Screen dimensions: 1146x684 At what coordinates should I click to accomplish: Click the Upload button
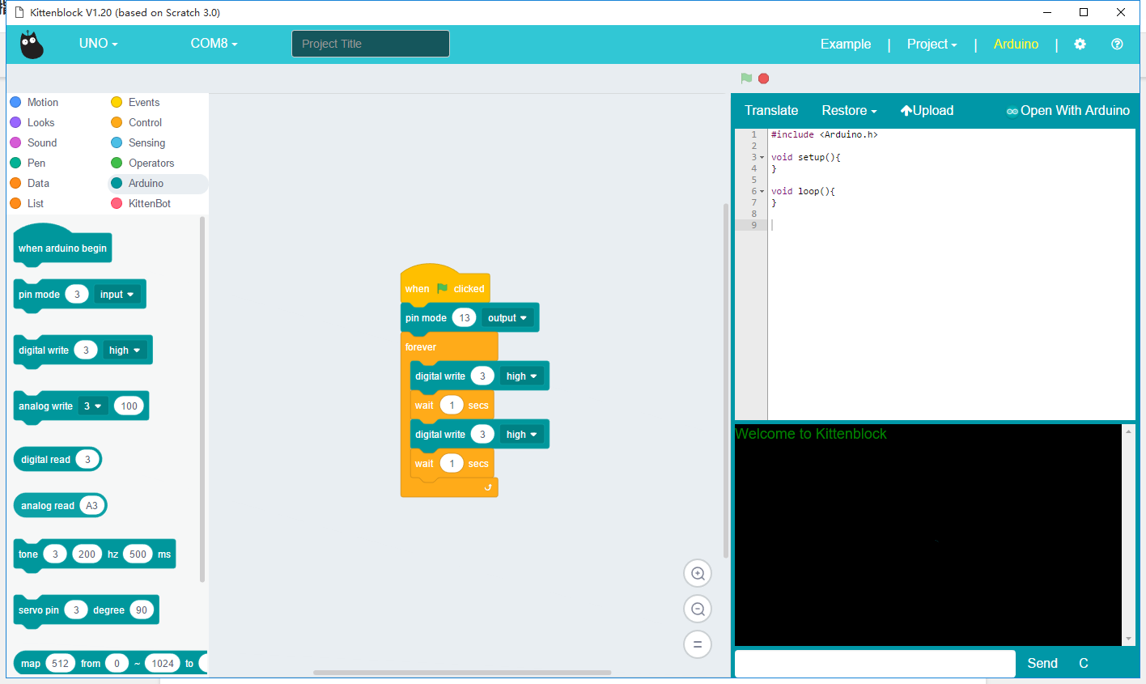click(927, 111)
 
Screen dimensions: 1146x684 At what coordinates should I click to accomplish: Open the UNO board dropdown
click(98, 44)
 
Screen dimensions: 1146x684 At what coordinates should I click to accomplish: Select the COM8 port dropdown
click(214, 44)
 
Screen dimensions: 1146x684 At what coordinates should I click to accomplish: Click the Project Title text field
click(371, 44)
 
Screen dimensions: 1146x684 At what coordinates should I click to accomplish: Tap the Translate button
click(771, 111)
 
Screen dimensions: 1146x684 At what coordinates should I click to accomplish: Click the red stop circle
click(763, 79)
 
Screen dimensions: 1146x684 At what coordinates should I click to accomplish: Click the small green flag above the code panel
click(746, 79)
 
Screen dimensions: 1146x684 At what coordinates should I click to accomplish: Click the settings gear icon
click(1080, 44)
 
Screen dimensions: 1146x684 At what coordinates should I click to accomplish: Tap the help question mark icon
click(1117, 44)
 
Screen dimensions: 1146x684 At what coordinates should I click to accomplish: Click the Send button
click(1042, 663)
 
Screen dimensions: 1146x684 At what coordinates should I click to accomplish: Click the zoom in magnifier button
click(698, 573)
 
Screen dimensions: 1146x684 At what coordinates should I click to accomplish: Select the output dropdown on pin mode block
click(507, 317)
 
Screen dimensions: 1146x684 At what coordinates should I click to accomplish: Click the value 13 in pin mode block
click(464, 317)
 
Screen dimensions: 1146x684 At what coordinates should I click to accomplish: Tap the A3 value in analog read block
click(91, 505)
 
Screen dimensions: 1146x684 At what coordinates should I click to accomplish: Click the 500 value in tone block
click(138, 554)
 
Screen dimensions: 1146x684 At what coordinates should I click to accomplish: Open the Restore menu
click(849, 111)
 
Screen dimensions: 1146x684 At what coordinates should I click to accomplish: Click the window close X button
click(1120, 12)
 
